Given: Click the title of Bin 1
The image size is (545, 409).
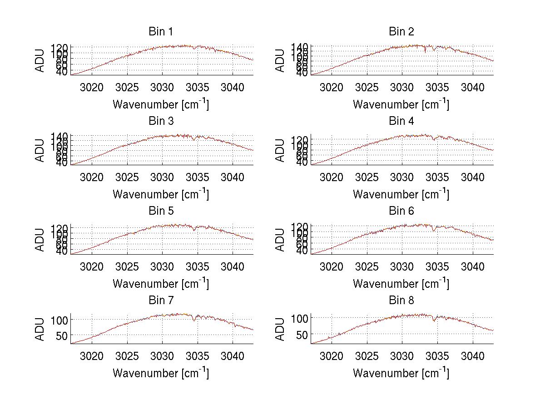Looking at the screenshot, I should point(161,31).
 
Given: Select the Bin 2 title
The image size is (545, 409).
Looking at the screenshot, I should point(401,31).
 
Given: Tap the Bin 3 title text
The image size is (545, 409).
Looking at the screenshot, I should point(161,121).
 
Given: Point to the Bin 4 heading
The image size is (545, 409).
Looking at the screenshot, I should point(401,121).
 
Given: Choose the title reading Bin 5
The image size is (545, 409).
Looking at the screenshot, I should point(161,211).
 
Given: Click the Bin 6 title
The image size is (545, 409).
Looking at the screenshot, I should point(401,211).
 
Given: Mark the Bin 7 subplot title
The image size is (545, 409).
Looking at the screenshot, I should point(161,300).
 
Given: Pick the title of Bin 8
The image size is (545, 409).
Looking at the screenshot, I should point(401,300).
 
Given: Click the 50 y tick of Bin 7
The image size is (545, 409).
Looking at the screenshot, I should point(62,335).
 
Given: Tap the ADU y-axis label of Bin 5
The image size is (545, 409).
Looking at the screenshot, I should point(41,240).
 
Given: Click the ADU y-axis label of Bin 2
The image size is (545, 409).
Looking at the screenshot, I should point(281,60).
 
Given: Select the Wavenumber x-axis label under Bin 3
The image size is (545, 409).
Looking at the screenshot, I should point(161,194).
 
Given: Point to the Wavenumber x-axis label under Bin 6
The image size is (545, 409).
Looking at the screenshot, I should point(401,283).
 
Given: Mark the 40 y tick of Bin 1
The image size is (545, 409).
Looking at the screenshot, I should point(63,72).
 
